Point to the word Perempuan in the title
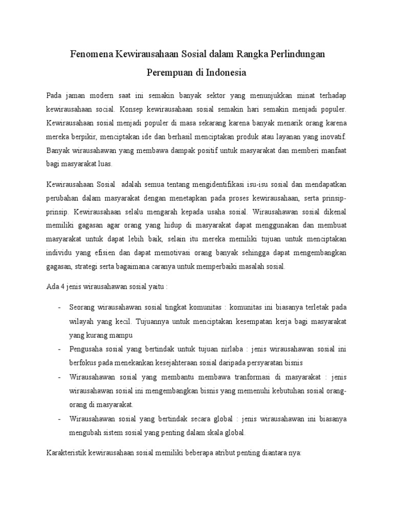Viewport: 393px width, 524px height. tap(169, 73)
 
